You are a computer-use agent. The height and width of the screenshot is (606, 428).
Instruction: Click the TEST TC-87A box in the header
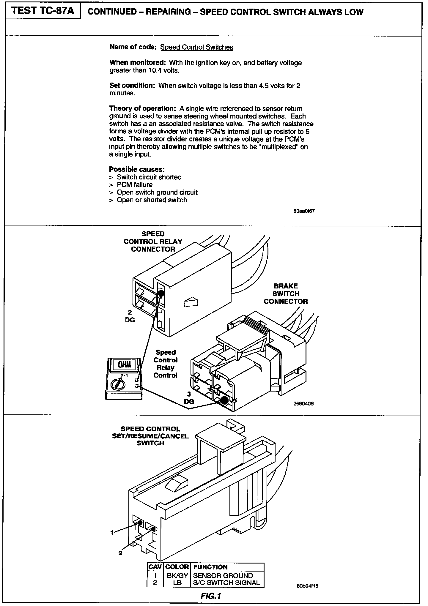pyautogui.click(x=43, y=11)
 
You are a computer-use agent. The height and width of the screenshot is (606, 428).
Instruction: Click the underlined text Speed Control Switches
pyautogui.click(x=196, y=47)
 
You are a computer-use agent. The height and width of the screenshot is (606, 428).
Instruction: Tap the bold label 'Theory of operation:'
pyautogui.click(x=143, y=108)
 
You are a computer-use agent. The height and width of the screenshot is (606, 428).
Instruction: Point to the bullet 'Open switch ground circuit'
pyautogui.click(x=157, y=192)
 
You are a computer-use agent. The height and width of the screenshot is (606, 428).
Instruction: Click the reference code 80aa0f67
pyautogui.click(x=304, y=211)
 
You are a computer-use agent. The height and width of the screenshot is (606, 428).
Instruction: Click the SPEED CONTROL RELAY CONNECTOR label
pyautogui.click(x=153, y=242)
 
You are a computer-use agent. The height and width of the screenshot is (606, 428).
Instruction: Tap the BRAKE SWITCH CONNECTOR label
pyautogui.click(x=286, y=294)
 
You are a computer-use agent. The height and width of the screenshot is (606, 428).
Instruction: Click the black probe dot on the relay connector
pyautogui.click(x=161, y=293)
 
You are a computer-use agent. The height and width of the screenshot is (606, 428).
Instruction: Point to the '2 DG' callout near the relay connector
pyautogui.click(x=130, y=316)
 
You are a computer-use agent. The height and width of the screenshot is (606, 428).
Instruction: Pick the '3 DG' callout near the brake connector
pyautogui.click(x=189, y=398)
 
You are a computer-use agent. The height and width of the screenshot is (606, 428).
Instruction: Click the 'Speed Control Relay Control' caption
pyautogui.click(x=166, y=364)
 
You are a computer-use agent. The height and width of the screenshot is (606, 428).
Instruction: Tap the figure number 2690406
pyautogui.click(x=303, y=404)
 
